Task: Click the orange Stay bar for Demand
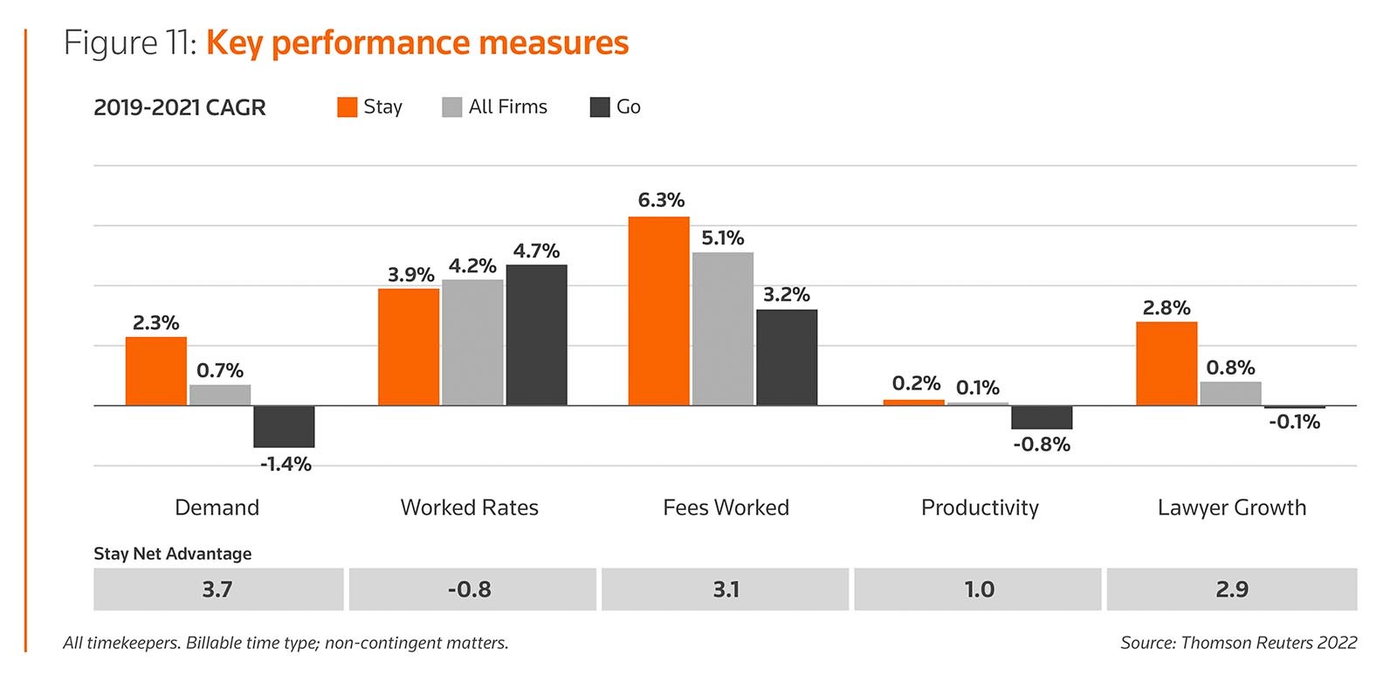(155, 371)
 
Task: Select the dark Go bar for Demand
(284, 426)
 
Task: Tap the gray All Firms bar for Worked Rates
(472, 342)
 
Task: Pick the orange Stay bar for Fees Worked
(658, 311)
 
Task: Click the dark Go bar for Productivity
(1042, 417)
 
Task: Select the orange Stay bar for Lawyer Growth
(1166, 363)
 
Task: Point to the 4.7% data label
(536, 251)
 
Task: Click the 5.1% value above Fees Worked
(722, 238)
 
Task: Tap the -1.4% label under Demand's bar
(286, 464)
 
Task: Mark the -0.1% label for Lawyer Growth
(1294, 423)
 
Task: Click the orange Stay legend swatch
(348, 107)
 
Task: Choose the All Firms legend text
(507, 107)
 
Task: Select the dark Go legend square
(600, 107)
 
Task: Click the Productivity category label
(980, 507)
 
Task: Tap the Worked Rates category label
(469, 507)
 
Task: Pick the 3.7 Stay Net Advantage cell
(217, 589)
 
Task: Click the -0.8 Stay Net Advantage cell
(470, 589)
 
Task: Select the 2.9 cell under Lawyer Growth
(1231, 589)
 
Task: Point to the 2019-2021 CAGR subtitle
(180, 107)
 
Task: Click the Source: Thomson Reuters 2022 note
(1238, 643)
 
